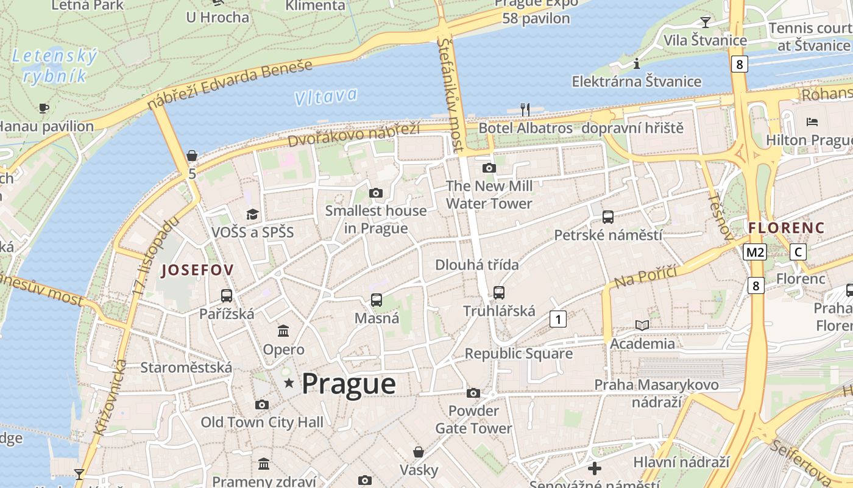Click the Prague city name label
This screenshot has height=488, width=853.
tap(349, 384)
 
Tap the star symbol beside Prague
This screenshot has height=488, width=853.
tap(289, 383)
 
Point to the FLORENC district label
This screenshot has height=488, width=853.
tap(786, 228)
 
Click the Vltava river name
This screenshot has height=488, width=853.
tap(325, 96)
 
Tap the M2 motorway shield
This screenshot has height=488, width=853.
tap(754, 251)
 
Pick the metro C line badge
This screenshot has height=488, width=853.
tap(798, 251)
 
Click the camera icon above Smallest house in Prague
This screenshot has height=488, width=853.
tap(376, 193)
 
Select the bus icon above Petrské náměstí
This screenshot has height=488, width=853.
tap(607, 217)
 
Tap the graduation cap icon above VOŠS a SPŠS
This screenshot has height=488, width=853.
tap(252, 214)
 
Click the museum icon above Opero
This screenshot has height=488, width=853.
tap(283, 331)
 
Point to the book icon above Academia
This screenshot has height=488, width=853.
tap(642, 325)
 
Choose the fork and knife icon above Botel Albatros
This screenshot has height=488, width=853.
tap(525, 109)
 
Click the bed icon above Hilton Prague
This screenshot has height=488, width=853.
tap(812, 121)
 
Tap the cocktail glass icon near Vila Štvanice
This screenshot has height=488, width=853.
tap(706, 22)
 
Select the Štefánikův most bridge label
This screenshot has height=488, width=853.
tap(451, 95)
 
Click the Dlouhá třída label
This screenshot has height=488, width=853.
tap(477, 265)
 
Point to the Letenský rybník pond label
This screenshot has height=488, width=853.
tap(54, 66)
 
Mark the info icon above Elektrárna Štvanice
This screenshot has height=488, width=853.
tap(637, 63)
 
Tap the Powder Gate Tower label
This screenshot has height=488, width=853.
tap(473, 420)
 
